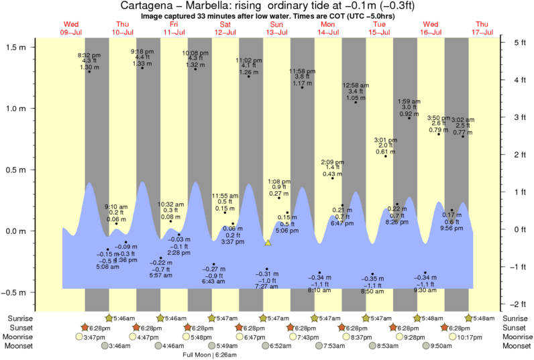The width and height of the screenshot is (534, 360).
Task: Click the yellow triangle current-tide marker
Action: tap(268, 243)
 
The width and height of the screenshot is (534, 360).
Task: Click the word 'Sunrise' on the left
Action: tap(19, 318)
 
